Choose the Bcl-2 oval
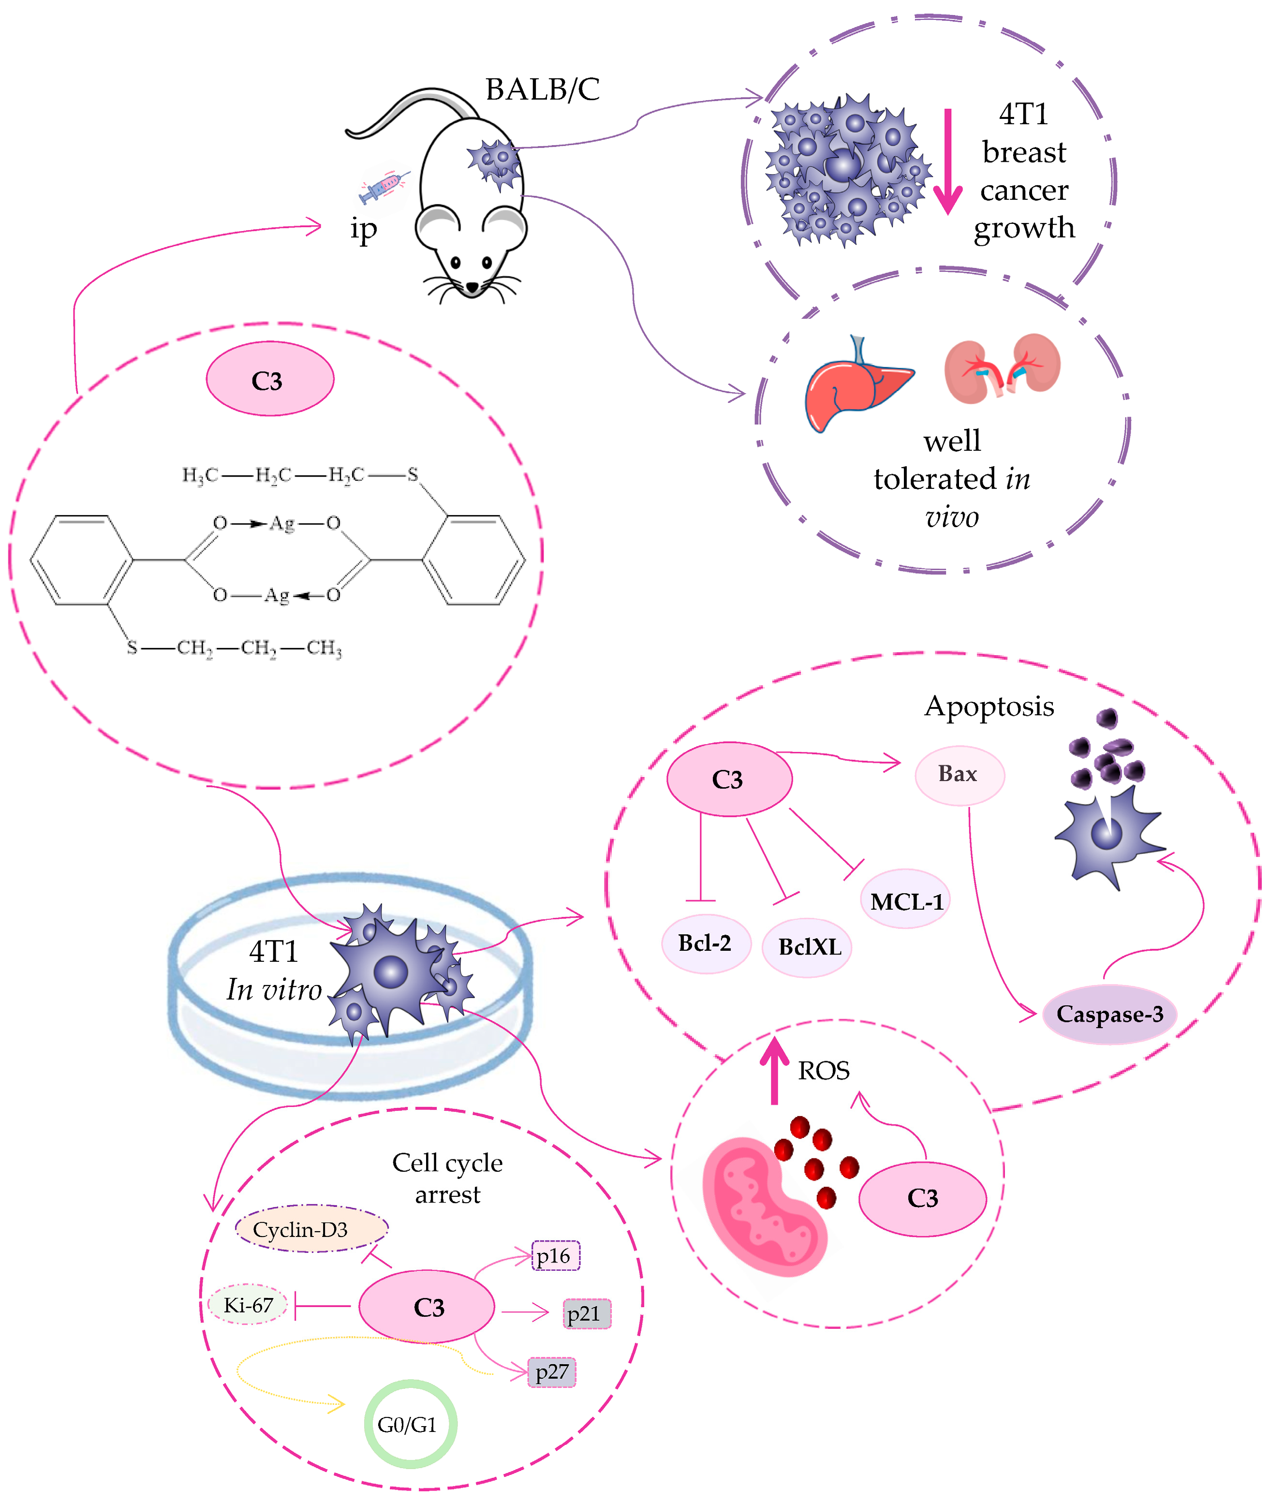pyautogui.click(x=705, y=943)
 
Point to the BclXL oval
pyautogui.click(x=807, y=947)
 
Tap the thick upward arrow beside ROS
pyautogui.click(x=774, y=1071)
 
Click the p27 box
pyautogui.click(x=552, y=1372)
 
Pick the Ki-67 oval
pyautogui.click(x=248, y=1305)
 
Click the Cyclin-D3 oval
pyautogui.click(x=311, y=1229)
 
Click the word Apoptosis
pyautogui.click(x=989, y=707)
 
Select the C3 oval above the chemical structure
pyautogui.click(x=270, y=379)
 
